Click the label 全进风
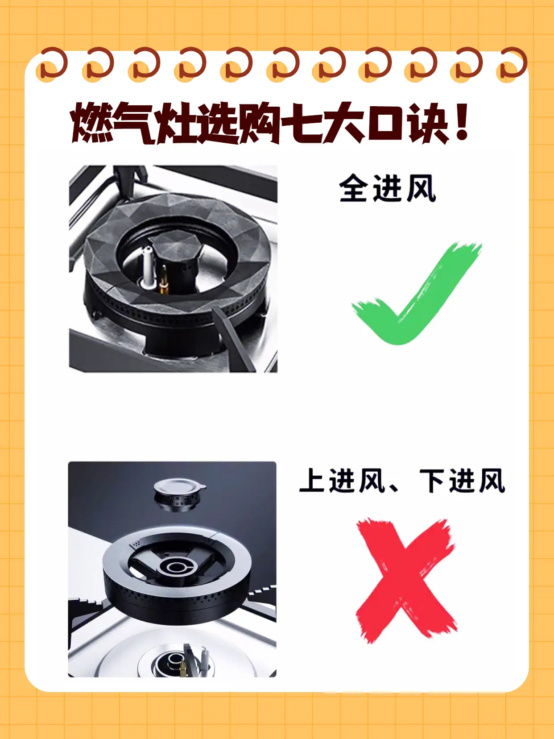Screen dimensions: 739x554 tap(387, 188)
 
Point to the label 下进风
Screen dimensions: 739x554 tap(462, 481)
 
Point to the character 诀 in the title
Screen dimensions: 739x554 tap(428, 123)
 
